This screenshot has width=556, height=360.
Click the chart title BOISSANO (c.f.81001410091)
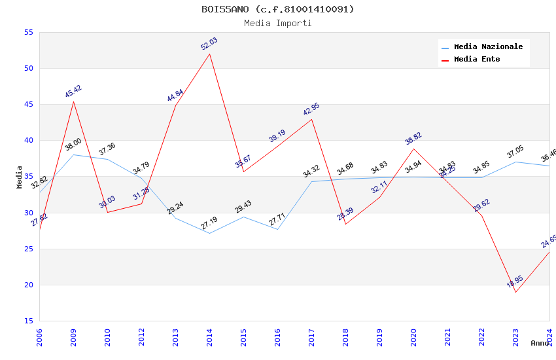tap(277, 9)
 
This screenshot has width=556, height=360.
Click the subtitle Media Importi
tap(277, 24)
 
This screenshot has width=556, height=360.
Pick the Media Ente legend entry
tap(477, 60)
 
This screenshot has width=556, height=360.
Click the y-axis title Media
tap(20, 177)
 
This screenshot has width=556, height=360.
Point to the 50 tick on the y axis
tap(28, 69)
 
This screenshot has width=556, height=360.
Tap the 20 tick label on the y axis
tap(28, 285)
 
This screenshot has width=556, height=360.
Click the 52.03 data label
tap(209, 44)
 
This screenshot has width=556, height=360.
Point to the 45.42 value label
tap(73, 92)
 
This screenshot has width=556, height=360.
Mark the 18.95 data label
tap(515, 281)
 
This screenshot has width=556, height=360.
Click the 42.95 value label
tap(311, 109)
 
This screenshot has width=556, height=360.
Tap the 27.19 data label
tap(209, 223)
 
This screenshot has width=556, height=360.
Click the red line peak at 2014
tap(209, 54)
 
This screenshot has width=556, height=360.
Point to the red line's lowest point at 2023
tap(515, 292)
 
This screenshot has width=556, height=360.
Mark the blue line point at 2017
tap(311, 181)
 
